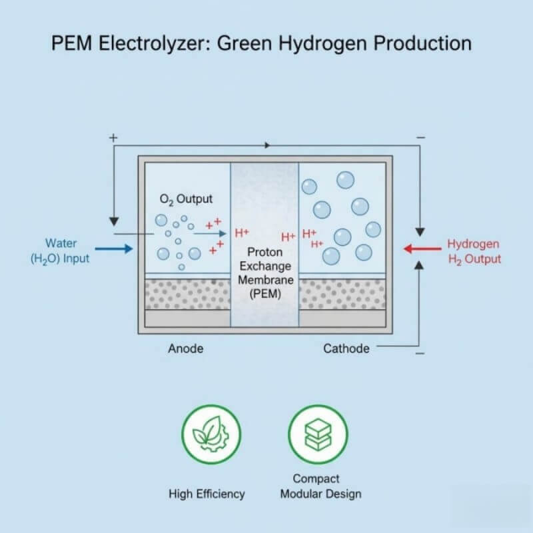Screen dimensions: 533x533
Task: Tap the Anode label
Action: point(186,348)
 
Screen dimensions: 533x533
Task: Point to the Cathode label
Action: point(346,348)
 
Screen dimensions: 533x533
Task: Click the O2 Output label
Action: point(186,199)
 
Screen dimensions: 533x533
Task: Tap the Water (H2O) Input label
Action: point(60,251)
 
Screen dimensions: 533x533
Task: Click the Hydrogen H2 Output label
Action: point(474,251)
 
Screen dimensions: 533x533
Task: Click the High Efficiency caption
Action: point(207,494)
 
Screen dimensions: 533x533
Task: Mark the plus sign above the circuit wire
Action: point(113,137)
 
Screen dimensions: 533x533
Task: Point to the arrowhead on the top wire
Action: point(267,145)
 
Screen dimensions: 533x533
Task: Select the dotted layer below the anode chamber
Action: point(187,294)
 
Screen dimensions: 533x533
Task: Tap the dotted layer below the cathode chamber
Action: point(342,294)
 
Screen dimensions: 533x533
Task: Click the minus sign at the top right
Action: point(420,138)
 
